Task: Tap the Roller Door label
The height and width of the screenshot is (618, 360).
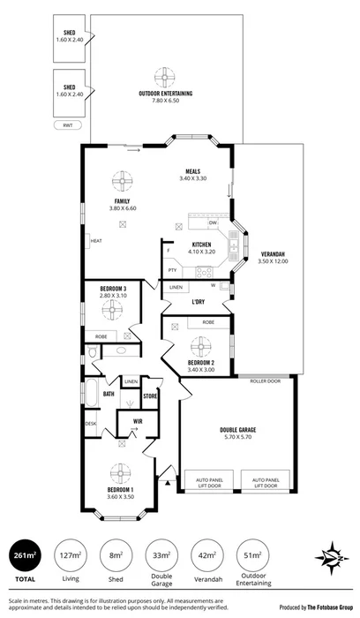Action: point(265,382)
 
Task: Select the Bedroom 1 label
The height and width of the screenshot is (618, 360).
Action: point(120,489)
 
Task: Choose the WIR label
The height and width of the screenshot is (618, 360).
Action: point(138,422)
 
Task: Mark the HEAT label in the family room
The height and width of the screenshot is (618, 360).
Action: point(96,240)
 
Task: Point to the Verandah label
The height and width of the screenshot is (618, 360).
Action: point(273,259)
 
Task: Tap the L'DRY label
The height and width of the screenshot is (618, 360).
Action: point(199,302)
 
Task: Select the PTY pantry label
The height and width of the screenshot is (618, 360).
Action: point(173,271)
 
